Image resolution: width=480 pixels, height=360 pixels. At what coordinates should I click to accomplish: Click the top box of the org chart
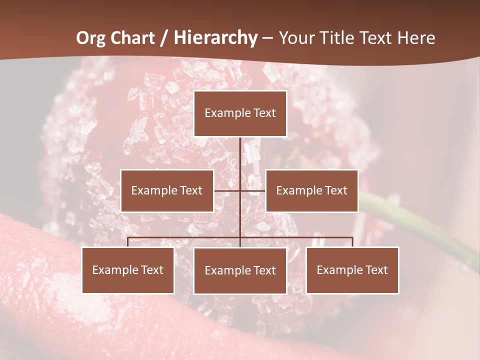pos(240,113)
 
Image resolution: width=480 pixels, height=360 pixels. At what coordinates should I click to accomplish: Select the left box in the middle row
pos(167,190)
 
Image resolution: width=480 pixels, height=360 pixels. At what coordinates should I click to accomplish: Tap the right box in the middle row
pos(311,190)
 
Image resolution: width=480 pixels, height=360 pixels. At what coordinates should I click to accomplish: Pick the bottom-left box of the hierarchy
pos(128,270)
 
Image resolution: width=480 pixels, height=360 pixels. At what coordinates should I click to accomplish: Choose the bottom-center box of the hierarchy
pos(240,270)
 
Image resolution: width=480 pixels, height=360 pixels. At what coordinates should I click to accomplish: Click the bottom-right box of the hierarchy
pos(352,270)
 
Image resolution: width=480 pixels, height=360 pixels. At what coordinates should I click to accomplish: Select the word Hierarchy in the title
pos(215,38)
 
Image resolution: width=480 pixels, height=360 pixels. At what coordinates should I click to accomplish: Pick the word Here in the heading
pos(416,38)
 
